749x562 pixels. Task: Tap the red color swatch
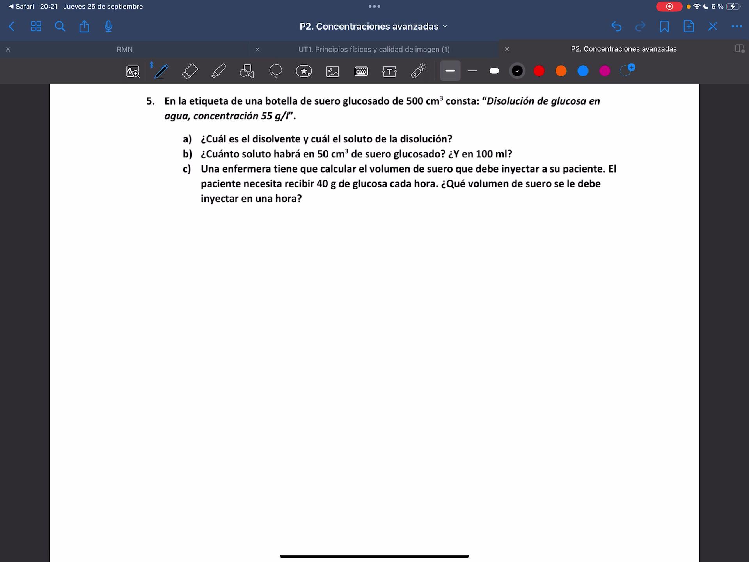pos(539,71)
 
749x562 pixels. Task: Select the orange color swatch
pos(561,71)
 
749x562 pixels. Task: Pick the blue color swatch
pos(583,71)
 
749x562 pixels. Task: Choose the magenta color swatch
pos(605,71)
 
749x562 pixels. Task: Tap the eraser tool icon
pos(190,71)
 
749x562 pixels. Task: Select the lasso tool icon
pos(275,71)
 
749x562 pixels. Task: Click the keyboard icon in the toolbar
pos(361,71)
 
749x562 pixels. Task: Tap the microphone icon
pos(108,26)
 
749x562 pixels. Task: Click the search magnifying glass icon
pos(60,26)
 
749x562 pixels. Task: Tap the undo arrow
pos(616,26)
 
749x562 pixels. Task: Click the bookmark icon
pos(664,26)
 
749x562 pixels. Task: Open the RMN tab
pos(124,49)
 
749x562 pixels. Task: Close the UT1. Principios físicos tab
pos(257,49)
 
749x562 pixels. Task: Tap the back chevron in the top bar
pos(12,26)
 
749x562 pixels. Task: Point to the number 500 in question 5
pos(414,101)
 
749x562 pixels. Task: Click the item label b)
pos(187,154)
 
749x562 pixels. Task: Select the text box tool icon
pos(389,71)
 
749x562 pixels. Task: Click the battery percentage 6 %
pos(717,6)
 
